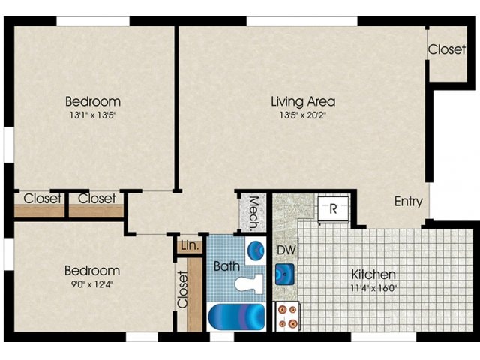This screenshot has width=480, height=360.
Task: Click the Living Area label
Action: (x=302, y=101)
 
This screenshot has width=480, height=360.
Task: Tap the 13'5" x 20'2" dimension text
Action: (x=302, y=115)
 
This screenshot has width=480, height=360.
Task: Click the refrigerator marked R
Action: (x=331, y=209)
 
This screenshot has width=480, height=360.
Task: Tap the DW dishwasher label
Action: (x=285, y=250)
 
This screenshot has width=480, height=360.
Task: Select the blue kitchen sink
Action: (x=285, y=272)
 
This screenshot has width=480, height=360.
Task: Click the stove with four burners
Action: (x=286, y=315)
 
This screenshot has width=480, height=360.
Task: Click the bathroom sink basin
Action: (x=256, y=249)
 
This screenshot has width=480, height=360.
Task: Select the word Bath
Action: (x=226, y=265)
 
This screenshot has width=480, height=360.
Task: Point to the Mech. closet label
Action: (x=253, y=211)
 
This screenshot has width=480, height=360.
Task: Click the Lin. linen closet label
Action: (x=188, y=245)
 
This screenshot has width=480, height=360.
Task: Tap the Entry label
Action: (x=409, y=202)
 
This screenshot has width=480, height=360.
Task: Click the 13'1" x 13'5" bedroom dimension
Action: (x=92, y=115)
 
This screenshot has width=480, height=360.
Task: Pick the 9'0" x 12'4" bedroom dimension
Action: (x=91, y=284)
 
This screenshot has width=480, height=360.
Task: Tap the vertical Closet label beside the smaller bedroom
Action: (x=182, y=290)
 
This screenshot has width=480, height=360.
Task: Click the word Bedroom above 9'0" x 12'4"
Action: (x=91, y=270)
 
